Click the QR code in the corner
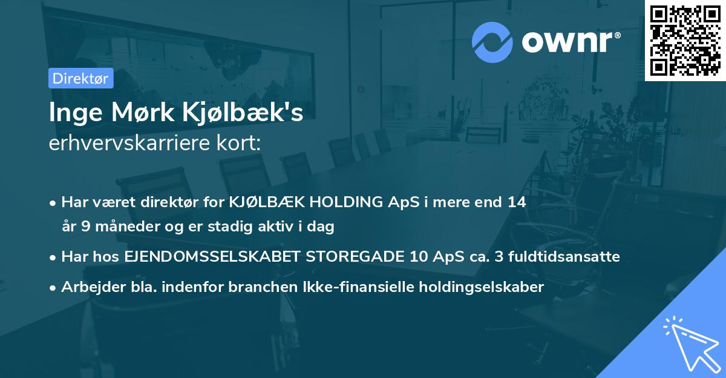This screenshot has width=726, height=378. click(x=685, y=40)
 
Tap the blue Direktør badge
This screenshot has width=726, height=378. click(x=80, y=78)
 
